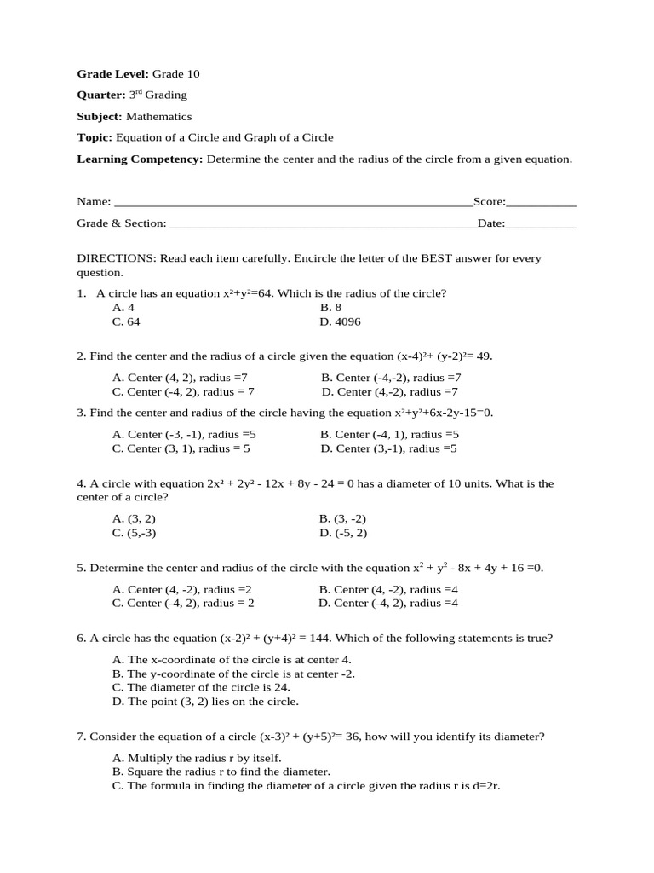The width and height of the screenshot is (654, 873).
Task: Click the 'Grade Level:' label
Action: (x=113, y=74)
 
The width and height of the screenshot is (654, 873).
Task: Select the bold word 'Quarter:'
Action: (x=101, y=95)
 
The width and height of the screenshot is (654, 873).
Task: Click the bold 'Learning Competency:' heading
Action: (x=140, y=159)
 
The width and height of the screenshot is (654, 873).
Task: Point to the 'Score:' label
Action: (x=490, y=202)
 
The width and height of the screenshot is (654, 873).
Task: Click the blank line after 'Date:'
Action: (x=541, y=223)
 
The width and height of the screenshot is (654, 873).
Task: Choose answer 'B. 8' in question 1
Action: (x=330, y=307)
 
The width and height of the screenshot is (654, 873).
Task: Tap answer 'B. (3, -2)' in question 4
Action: (x=342, y=518)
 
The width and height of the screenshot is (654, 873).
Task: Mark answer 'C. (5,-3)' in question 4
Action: (x=135, y=533)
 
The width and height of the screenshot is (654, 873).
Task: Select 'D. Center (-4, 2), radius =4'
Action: (x=388, y=603)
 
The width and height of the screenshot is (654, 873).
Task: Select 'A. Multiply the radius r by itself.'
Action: (x=197, y=757)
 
